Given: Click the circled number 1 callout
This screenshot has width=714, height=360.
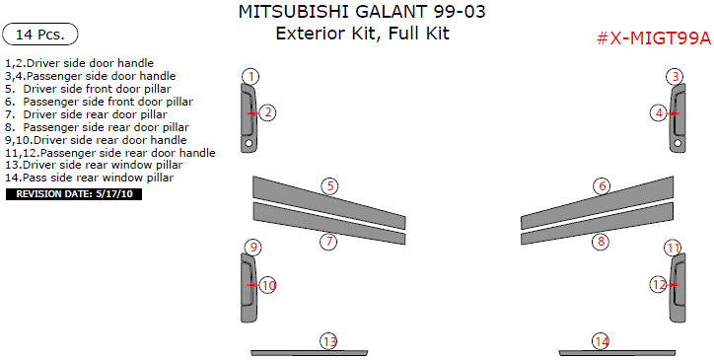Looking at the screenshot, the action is [x=251, y=76].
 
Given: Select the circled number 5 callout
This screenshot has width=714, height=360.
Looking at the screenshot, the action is [x=330, y=185].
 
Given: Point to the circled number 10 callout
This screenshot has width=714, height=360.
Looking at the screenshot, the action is [x=268, y=285].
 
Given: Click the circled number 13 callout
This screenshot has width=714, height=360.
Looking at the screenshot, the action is [x=329, y=341].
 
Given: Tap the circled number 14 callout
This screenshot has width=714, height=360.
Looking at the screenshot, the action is [x=601, y=341].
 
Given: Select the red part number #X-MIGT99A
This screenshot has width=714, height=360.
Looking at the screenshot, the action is [x=653, y=38].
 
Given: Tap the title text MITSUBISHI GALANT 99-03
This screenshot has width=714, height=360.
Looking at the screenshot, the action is [x=361, y=13].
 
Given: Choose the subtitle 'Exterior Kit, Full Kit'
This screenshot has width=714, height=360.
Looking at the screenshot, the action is [x=361, y=35].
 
